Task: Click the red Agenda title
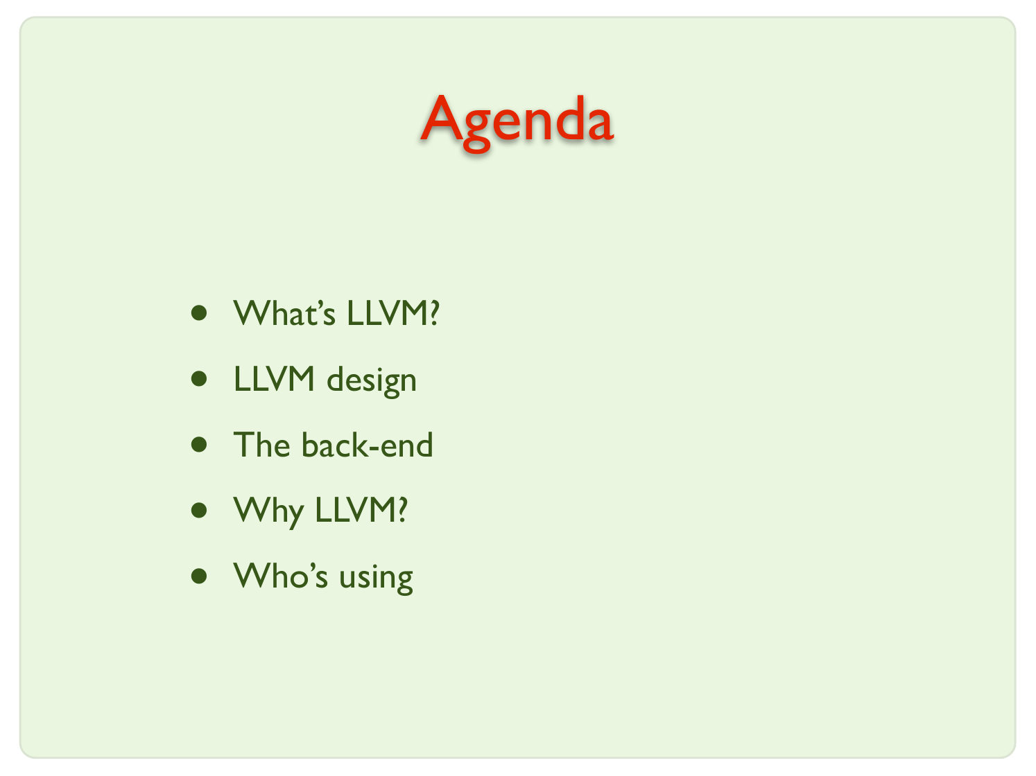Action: [x=517, y=123]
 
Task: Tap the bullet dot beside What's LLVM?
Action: [x=199, y=313]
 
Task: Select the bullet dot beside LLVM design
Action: [x=199, y=378]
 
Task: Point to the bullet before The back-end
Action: [x=199, y=445]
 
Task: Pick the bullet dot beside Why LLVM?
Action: [x=199, y=510]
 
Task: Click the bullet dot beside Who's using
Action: [x=199, y=576]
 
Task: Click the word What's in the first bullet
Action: [x=284, y=312]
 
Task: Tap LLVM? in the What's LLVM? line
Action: [x=393, y=312]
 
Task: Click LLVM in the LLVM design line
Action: [x=274, y=378]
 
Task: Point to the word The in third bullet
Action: [x=261, y=444]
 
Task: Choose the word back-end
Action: [x=368, y=444]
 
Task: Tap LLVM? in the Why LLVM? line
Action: [x=361, y=510]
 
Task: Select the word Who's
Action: [x=280, y=575]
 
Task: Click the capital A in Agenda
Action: [x=441, y=117]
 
